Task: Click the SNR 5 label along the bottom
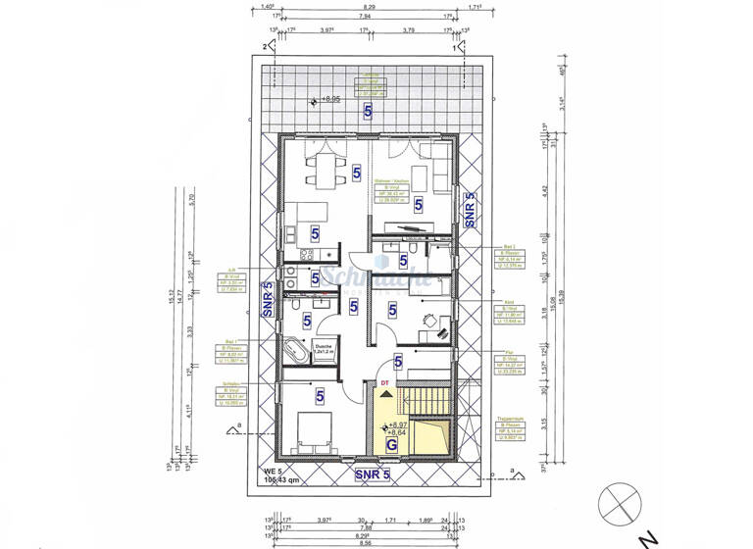pos(372,475)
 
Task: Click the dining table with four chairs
pos(322,169)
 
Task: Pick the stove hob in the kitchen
pos(303,254)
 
